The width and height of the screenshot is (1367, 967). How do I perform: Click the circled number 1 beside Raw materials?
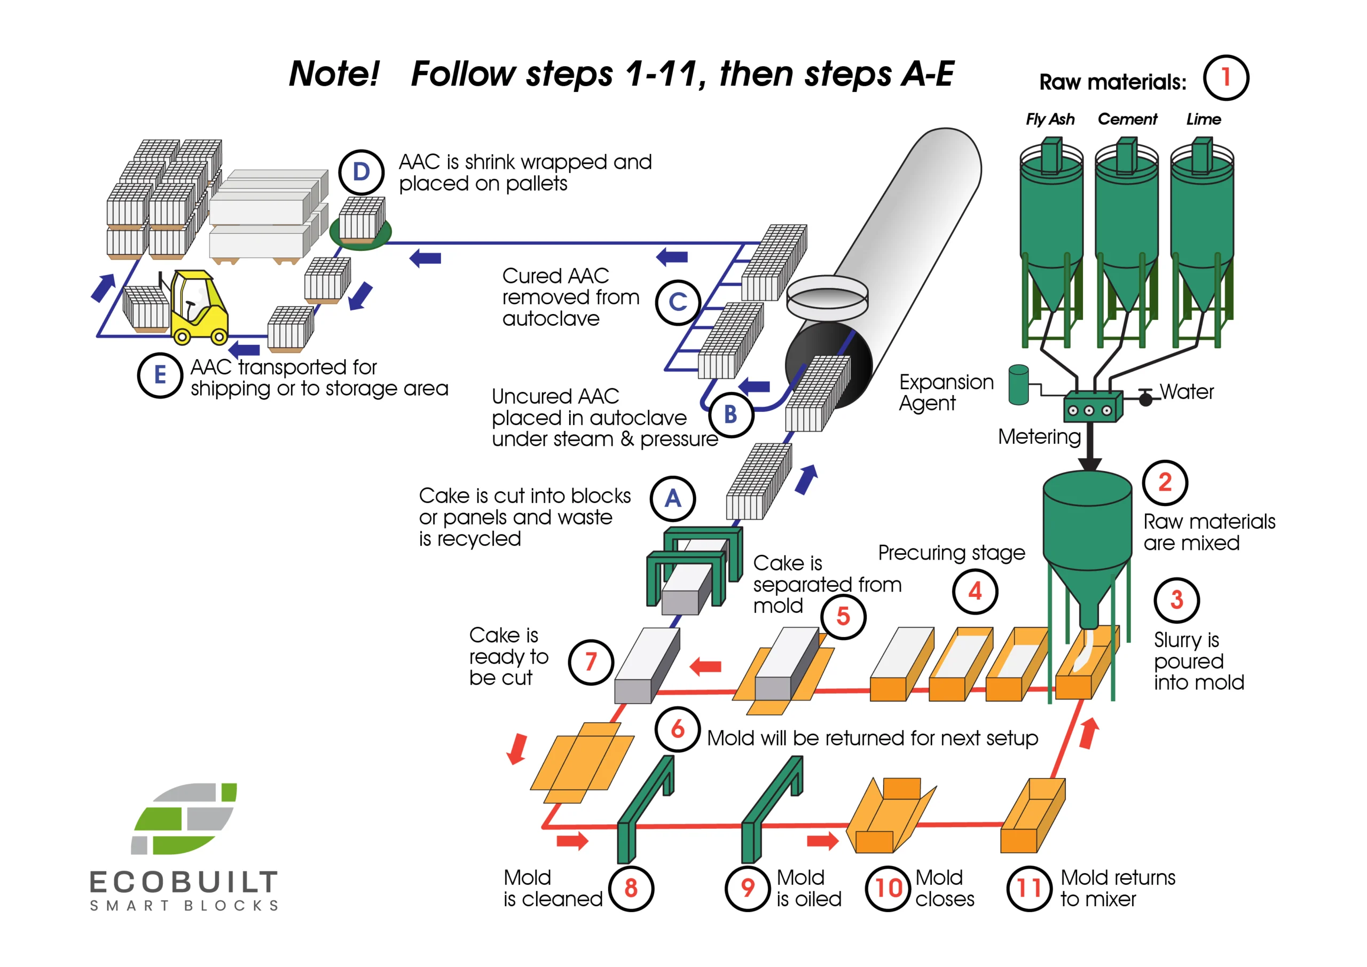[x=1225, y=77]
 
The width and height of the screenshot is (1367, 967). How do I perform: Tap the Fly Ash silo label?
[x=1050, y=120]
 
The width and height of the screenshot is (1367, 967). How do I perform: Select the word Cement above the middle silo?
[x=1127, y=120]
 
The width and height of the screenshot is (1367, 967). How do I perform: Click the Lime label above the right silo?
[x=1203, y=120]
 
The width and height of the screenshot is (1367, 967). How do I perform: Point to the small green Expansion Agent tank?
[x=1019, y=386]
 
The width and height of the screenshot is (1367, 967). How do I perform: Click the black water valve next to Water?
[x=1145, y=398]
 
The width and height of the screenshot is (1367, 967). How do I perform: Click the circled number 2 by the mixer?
[x=1165, y=482]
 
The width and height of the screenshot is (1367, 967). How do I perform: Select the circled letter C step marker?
[x=678, y=302]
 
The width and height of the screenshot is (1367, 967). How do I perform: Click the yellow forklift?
[x=197, y=310]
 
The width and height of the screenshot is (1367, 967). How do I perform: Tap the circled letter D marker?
[x=361, y=172]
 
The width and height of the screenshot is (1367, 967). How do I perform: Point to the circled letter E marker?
[x=160, y=375]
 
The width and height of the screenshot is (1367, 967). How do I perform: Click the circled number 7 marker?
[x=591, y=662]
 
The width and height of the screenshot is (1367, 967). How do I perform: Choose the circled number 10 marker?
[x=887, y=889]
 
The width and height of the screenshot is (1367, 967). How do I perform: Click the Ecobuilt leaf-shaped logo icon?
[x=184, y=819]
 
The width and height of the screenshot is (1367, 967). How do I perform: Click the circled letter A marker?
[x=673, y=498]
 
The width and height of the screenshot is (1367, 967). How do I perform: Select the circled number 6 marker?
[x=678, y=729]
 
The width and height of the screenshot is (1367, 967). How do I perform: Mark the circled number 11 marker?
[x=1028, y=889]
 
